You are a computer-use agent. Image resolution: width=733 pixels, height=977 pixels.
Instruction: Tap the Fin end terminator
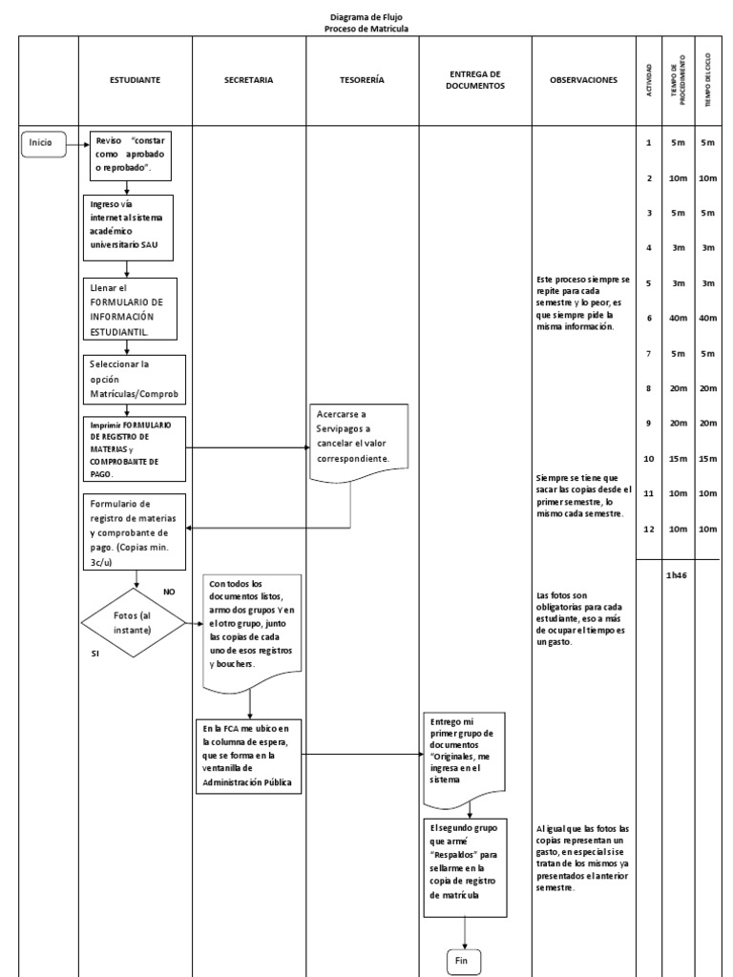(461, 961)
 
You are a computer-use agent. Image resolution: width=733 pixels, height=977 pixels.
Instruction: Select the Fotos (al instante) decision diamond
(137, 621)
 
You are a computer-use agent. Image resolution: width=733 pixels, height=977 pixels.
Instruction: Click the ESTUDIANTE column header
(136, 80)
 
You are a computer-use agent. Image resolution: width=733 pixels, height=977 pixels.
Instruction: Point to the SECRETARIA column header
(248, 80)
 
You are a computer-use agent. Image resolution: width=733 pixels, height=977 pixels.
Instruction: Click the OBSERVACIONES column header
(583, 80)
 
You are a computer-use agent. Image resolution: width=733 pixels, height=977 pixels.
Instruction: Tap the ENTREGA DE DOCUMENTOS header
(474, 80)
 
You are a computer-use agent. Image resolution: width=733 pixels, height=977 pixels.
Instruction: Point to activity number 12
(648, 530)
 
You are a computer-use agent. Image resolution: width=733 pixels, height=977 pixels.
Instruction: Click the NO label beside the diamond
(170, 592)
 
